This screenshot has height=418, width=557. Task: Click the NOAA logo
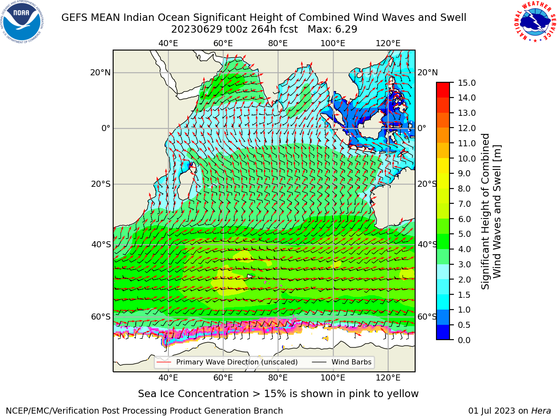click(22, 22)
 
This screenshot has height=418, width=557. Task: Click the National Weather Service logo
click(535, 22)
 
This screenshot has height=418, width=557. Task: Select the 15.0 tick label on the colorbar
click(466, 83)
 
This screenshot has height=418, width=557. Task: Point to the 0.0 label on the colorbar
click(464, 340)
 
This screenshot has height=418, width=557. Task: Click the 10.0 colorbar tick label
click(466, 158)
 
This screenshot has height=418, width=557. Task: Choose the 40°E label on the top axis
click(168, 44)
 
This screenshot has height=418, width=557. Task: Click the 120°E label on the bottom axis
click(388, 378)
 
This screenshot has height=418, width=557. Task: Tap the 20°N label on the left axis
click(101, 73)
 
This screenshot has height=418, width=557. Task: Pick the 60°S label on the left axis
click(101, 317)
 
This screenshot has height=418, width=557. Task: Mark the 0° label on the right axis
click(422, 128)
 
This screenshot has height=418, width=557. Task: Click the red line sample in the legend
click(164, 362)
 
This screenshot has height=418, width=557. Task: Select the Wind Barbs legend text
click(351, 362)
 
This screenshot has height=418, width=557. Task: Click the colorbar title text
click(491, 211)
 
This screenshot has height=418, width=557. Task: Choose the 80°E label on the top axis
click(278, 44)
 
